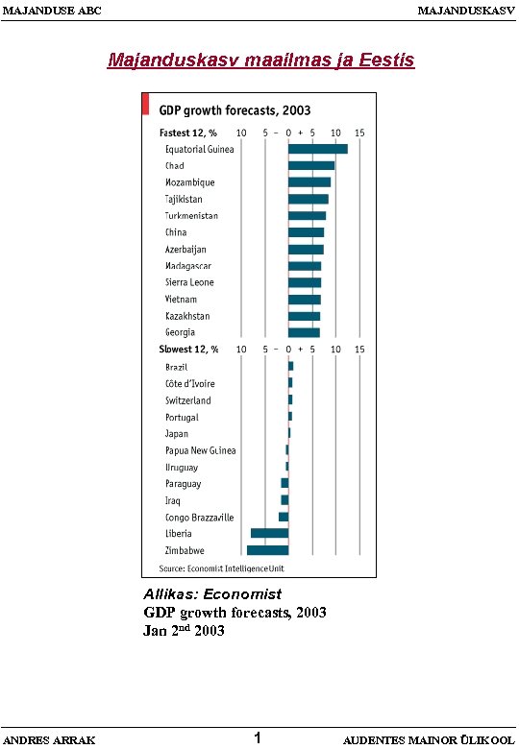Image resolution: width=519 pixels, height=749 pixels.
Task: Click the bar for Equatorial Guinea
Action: [x=317, y=149]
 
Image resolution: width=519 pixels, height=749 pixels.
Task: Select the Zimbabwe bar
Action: [x=267, y=550]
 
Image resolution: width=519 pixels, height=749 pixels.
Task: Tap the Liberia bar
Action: [x=269, y=533]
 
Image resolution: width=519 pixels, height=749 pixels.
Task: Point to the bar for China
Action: [x=306, y=232]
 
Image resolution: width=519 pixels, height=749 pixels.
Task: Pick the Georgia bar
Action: [x=304, y=332]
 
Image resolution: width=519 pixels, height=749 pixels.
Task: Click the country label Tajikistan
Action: [x=184, y=199]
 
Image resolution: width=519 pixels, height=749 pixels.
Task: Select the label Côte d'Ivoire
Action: [x=188, y=383]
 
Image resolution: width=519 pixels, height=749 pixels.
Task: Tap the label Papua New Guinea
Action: [x=200, y=450]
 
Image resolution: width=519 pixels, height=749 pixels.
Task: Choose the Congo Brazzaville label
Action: [x=199, y=517]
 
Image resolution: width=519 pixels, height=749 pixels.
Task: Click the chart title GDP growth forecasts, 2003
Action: [x=235, y=109]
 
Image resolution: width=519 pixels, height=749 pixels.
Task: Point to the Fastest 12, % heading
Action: [x=187, y=132]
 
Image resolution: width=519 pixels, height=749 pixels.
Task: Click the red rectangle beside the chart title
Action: [x=145, y=104]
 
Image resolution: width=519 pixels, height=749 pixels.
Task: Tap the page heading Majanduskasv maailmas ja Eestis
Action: [x=260, y=60]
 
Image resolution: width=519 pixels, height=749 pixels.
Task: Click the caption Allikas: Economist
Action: [x=211, y=594]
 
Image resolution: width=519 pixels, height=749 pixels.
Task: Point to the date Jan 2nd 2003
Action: [x=184, y=631]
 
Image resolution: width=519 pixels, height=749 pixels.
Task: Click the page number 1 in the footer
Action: [x=259, y=737]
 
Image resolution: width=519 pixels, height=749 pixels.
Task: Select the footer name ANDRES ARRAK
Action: [x=50, y=739]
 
